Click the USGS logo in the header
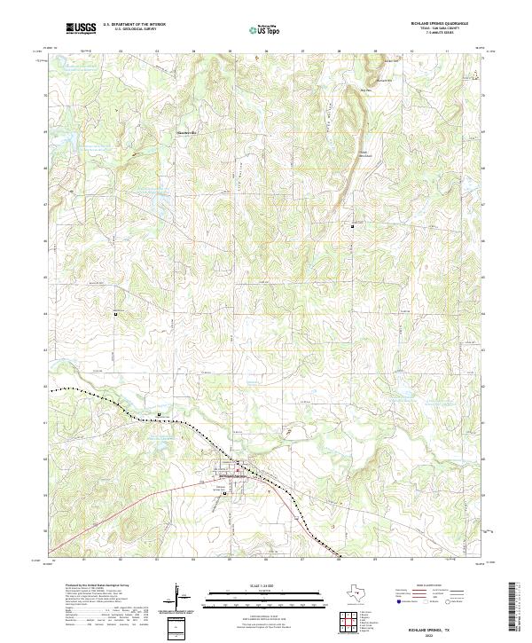coord(81,28)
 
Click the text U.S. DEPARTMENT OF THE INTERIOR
coord(134,25)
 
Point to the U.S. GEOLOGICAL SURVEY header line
coord(128,29)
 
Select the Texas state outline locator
coord(364,598)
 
